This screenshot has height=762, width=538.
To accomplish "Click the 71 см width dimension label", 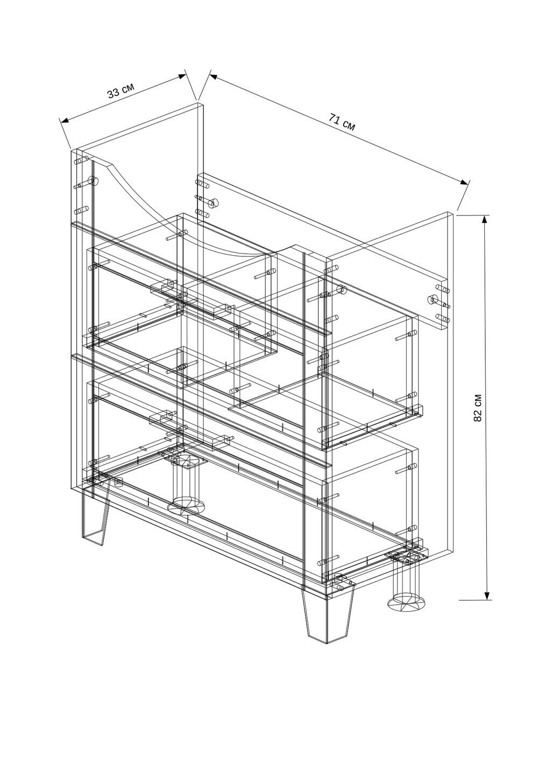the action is pos(342,122).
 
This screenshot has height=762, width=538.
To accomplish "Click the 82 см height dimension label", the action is pos(478,408).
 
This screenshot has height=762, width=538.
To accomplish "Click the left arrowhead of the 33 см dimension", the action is pos(65,120).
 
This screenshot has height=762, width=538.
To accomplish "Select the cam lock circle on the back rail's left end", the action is pos(214,203).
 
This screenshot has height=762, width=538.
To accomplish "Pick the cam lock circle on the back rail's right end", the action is pos(433,299).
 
